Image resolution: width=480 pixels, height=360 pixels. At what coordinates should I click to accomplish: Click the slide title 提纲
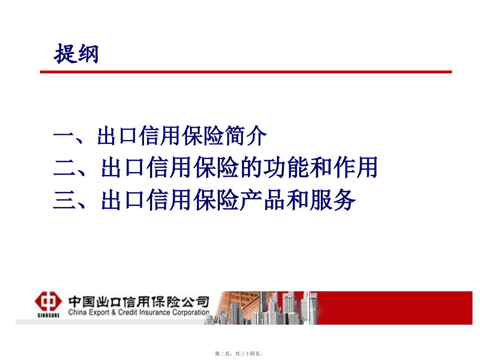76,54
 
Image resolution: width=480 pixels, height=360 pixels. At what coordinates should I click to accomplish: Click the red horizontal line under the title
246,72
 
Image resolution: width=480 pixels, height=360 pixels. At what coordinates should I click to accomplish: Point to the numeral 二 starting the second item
64,169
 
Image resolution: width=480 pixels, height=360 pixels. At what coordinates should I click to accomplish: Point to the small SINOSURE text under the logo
47,316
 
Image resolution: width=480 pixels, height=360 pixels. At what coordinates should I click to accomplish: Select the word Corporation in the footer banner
187,313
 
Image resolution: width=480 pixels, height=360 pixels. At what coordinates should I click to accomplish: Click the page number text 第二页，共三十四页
239,354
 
